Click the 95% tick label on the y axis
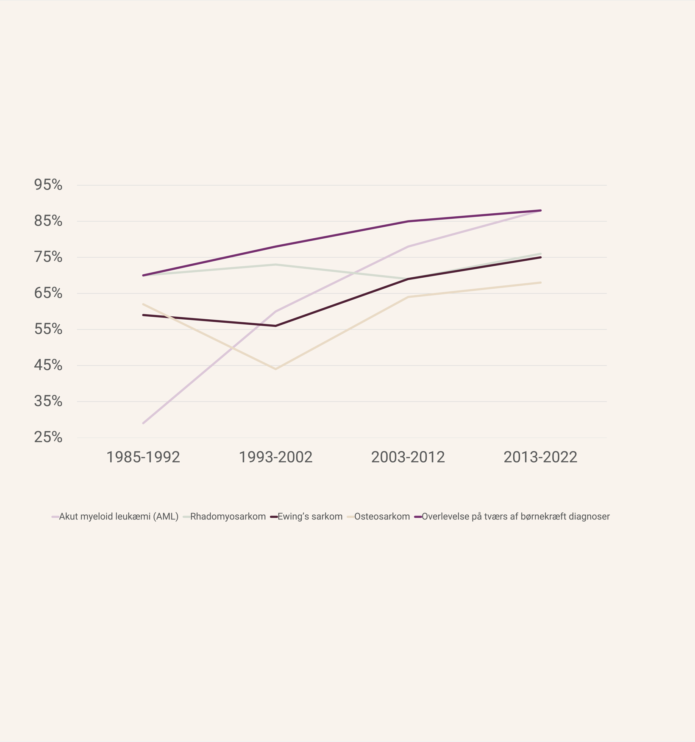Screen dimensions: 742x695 point(48,185)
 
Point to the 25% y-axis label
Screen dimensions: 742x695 point(48,437)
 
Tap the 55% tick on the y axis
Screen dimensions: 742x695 point(48,329)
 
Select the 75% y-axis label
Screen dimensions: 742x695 point(48,257)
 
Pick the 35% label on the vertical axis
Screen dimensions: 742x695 point(48,401)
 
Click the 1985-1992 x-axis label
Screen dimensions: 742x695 point(143,457)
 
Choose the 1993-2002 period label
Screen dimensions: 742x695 point(275,457)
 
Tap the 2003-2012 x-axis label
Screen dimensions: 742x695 point(408,457)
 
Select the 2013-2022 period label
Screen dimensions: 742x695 point(540,457)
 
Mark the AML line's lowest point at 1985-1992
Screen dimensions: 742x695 point(143,423)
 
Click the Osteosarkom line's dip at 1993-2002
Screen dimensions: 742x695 point(275,369)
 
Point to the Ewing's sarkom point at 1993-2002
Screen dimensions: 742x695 point(275,326)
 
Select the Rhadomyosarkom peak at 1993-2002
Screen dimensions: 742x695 point(275,265)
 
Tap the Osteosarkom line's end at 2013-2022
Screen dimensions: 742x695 point(540,282)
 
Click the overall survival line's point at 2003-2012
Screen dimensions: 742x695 point(408,221)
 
